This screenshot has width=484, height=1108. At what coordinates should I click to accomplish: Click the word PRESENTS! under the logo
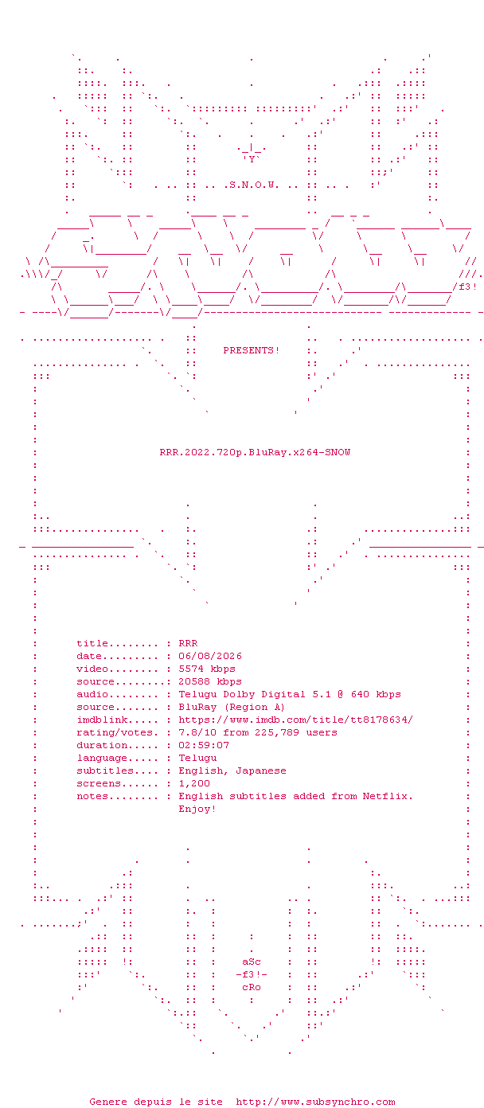pos(252,350)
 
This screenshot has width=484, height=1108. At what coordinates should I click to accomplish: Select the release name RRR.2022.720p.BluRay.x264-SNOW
pos(255,452)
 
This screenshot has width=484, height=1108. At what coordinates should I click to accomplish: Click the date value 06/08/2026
pos(210,656)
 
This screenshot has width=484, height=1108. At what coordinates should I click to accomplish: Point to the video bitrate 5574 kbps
pos(207,669)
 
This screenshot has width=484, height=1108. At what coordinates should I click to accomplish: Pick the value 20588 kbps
pos(210,681)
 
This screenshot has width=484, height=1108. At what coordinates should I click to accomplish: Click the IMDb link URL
pos(296,720)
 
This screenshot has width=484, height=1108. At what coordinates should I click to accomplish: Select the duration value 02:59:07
pos(204,745)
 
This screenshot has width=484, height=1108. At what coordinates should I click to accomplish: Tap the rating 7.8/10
pos(197,732)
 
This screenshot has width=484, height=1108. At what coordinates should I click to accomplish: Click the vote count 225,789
pos(277,732)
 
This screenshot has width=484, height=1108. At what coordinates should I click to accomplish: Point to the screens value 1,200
pos(194,783)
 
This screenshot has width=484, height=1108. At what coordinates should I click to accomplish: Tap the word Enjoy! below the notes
pos(197,810)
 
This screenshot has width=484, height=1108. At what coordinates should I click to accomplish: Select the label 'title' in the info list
pos(92,643)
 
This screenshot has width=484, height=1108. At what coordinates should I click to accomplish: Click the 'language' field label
pos(102,759)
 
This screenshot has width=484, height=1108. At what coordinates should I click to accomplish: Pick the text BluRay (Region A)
pos(232,708)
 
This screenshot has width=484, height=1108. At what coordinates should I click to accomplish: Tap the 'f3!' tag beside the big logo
pos(467,287)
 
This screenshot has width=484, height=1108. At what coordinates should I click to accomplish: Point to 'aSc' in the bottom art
pos(252,962)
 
